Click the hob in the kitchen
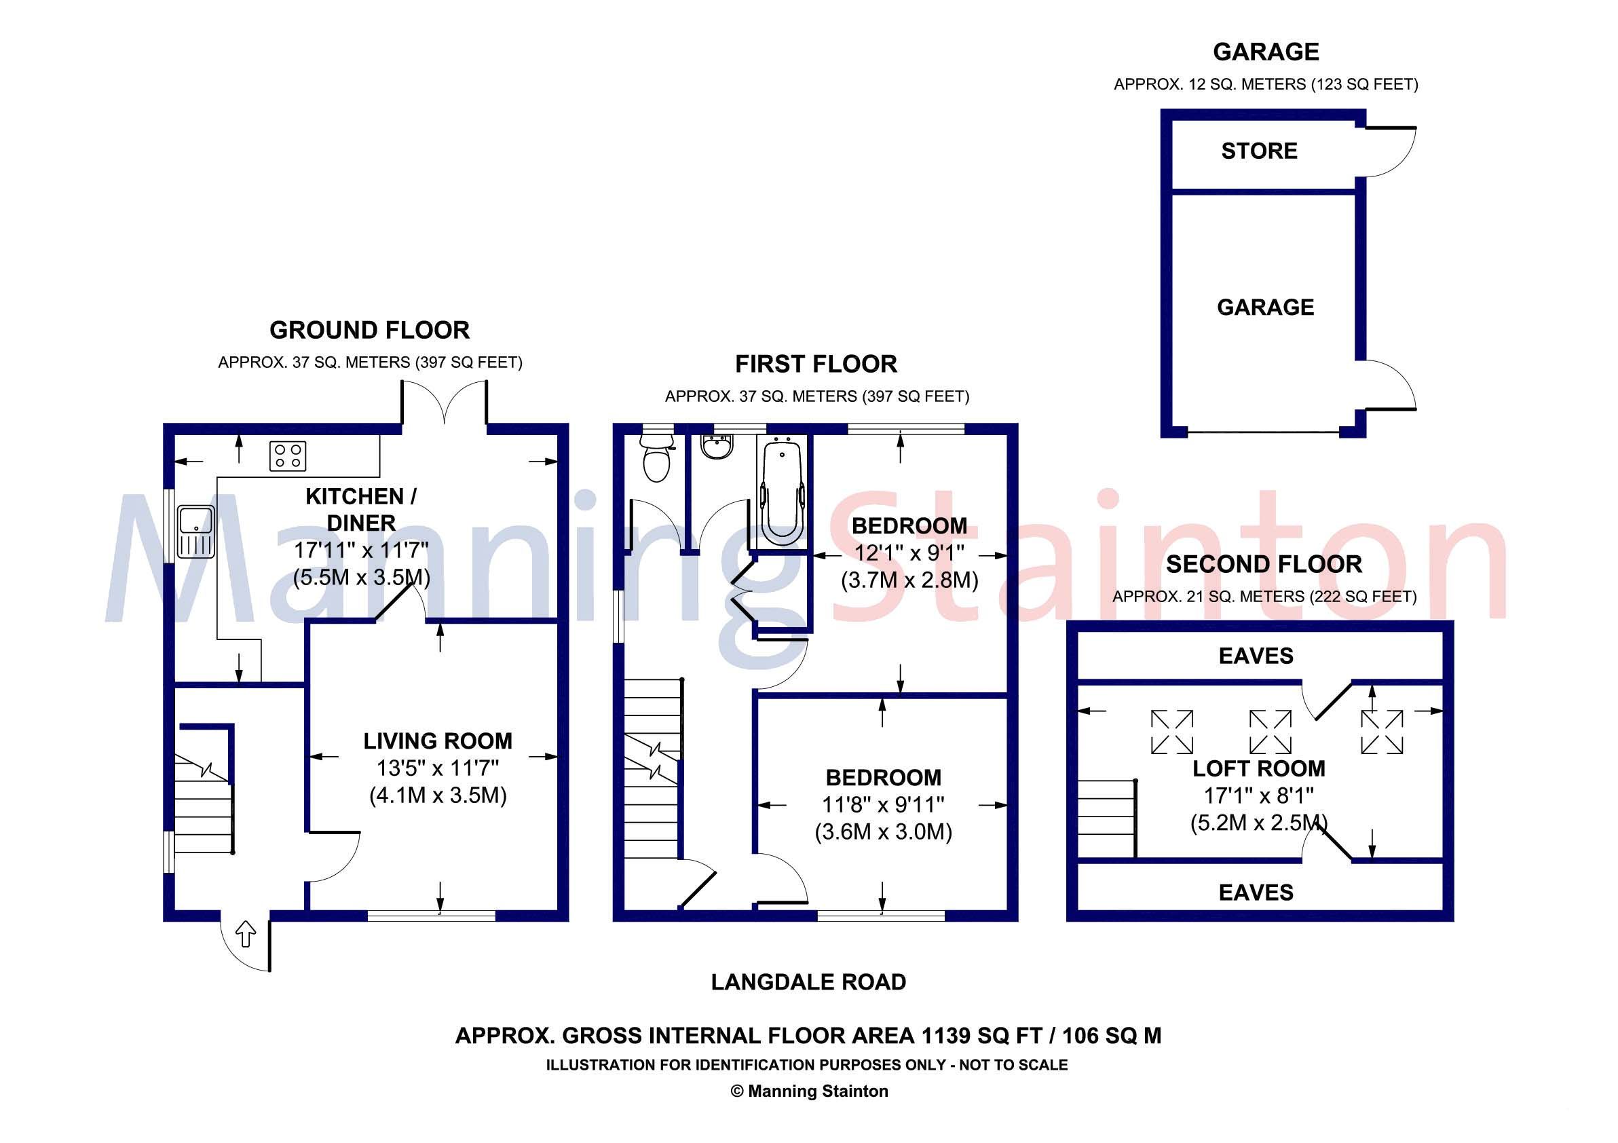tap(288, 455)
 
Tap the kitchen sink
tap(196, 531)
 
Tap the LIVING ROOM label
tap(438, 741)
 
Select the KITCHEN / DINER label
tap(361, 510)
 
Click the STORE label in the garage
tap(1259, 151)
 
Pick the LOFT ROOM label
tap(1258, 768)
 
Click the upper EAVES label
tap(1256, 656)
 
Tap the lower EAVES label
tap(1256, 893)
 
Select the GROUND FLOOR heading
tap(369, 330)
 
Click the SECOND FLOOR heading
tap(1264, 564)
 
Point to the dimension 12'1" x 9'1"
tap(909, 553)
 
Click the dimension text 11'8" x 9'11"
tap(883, 805)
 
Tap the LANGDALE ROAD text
tap(808, 981)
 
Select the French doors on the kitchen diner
tap(444, 402)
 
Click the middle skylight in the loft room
tap(1270, 732)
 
